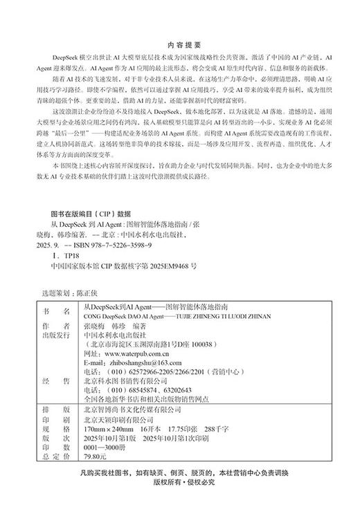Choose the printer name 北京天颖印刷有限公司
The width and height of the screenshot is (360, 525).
pos(122,418)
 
